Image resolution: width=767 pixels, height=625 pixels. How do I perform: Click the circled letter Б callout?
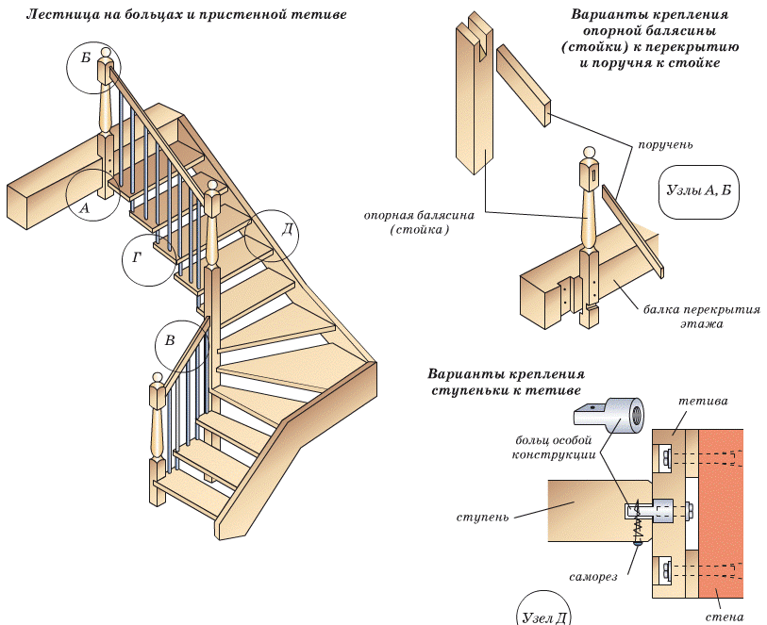point(87,58)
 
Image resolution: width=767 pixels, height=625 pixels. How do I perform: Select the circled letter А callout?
point(85,207)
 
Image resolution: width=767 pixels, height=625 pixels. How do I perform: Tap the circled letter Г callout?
point(137,255)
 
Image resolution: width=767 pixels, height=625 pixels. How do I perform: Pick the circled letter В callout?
point(170,340)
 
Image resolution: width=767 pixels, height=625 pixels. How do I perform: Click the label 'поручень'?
point(666,145)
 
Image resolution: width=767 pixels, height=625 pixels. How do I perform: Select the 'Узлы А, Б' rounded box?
point(698,189)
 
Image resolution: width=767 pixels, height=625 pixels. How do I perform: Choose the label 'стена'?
point(724,617)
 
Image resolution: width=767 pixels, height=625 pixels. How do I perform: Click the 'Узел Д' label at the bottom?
point(544,617)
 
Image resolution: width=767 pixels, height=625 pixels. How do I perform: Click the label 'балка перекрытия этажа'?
point(702,316)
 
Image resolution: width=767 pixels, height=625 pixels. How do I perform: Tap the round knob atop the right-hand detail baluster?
point(590,152)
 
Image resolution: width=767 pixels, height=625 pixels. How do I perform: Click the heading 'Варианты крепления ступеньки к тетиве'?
point(506,381)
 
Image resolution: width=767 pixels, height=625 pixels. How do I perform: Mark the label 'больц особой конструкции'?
point(555,447)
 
